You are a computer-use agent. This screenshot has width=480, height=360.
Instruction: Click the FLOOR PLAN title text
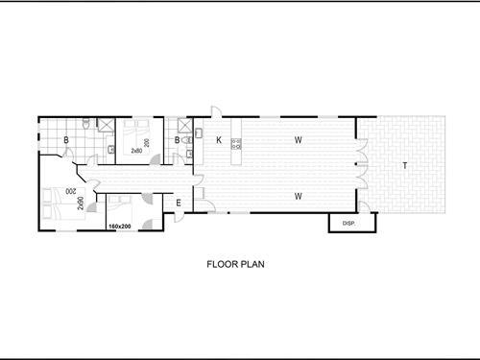tap(236, 262)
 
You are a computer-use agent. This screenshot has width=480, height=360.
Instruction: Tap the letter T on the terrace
tap(404, 165)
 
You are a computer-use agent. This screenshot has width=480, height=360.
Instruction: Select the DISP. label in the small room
tap(349, 224)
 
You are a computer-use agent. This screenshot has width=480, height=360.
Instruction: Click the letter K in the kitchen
tap(219, 141)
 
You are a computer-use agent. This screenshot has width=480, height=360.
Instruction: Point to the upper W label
tap(299, 141)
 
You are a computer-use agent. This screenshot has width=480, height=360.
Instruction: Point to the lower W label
tap(299, 196)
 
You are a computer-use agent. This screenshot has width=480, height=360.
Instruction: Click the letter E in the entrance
tap(179, 202)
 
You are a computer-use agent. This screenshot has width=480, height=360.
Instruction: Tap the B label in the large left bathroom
tap(65, 141)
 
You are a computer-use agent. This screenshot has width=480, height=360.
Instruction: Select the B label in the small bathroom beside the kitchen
tap(177, 141)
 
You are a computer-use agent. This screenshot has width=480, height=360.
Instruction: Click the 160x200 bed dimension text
tap(121, 227)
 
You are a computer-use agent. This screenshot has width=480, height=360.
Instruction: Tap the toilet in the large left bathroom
tap(87, 124)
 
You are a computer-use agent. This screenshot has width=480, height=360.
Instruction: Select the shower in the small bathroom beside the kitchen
tap(178, 125)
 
